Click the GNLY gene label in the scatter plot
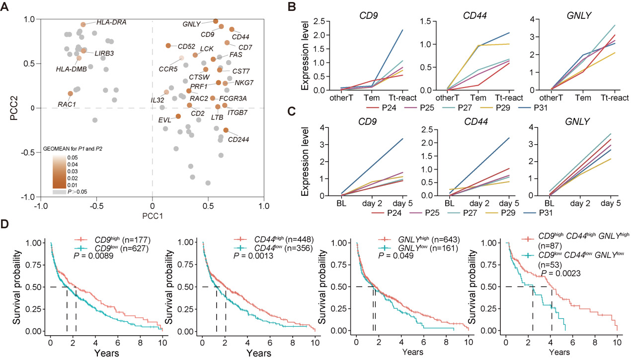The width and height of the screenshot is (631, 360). pos(191,24)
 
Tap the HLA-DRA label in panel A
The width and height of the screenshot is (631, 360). pos(111,22)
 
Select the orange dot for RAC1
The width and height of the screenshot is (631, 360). pos(70,93)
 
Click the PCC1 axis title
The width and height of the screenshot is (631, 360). pos(152,217)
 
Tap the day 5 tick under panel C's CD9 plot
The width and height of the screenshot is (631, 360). pos(403,203)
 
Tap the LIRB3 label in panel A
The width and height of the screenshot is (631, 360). pos(104,53)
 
